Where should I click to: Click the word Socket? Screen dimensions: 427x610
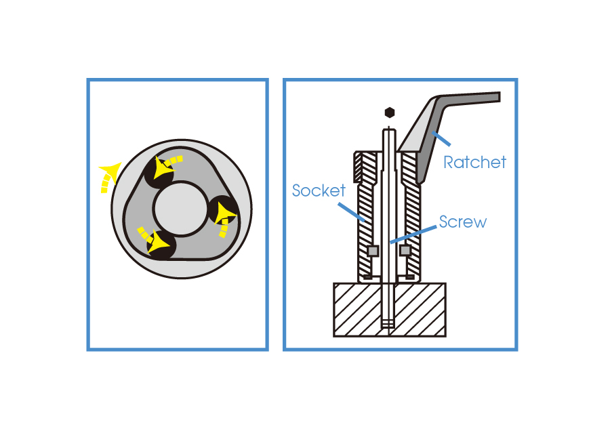[x=319, y=190]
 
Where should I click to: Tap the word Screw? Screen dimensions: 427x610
[x=462, y=222]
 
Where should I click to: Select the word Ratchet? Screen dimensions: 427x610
[x=474, y=162]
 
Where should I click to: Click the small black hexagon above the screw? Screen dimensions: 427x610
[x=389, y=112]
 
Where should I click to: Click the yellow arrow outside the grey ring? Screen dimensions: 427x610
[x=108, y=176]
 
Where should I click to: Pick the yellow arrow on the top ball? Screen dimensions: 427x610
[x=165, y=165]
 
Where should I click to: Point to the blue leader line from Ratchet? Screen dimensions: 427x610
[x=440, y=140]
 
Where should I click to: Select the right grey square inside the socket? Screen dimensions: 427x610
[x=405, y=251]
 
